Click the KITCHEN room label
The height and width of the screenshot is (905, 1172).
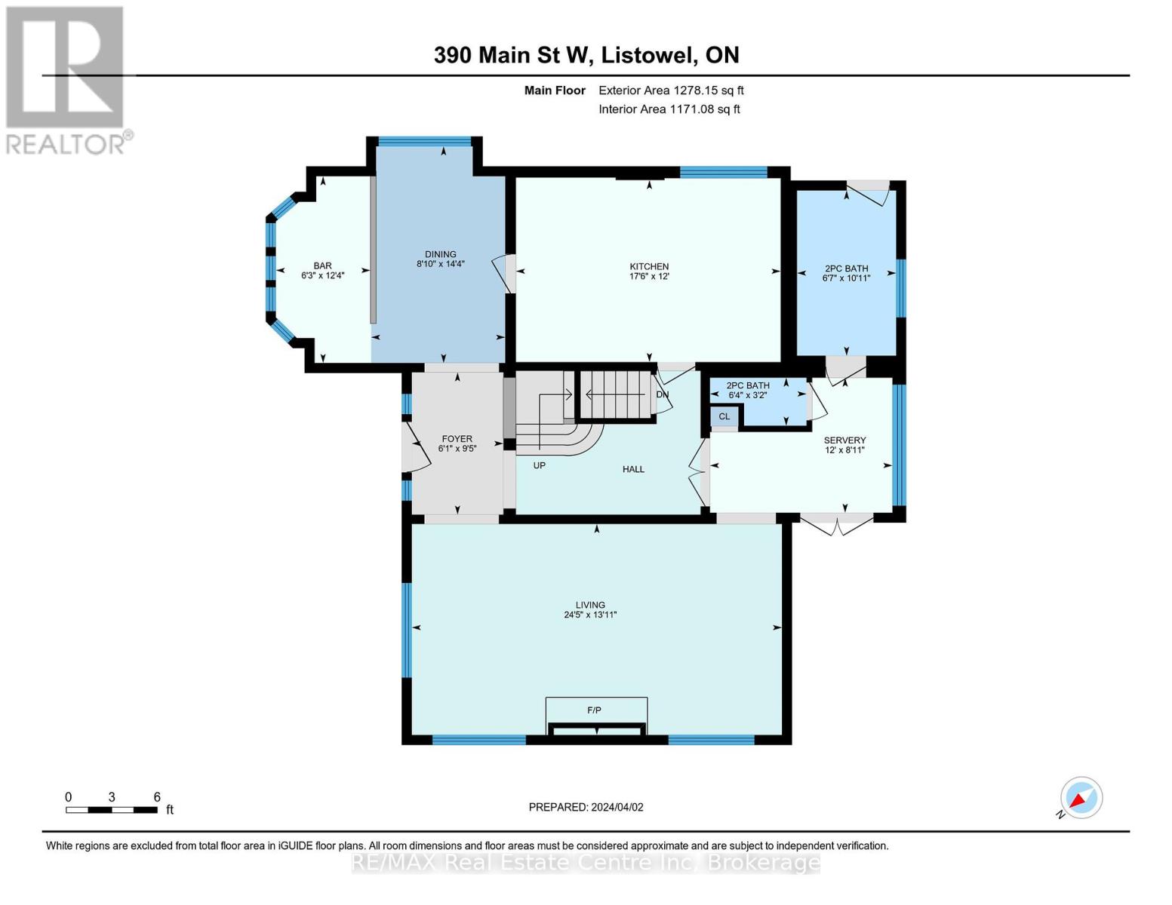649,266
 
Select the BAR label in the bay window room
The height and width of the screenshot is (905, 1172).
322,265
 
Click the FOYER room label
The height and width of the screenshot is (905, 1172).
457,439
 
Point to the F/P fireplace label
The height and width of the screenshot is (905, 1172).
595,710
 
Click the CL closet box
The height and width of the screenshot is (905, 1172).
724,417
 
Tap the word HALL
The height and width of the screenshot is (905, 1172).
633,469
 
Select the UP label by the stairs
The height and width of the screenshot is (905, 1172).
539,465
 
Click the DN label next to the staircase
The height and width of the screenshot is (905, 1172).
662,394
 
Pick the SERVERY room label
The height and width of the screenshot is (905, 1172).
844,440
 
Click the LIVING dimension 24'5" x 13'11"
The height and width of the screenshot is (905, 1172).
590,615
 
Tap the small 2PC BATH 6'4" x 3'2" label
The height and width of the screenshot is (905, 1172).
748,390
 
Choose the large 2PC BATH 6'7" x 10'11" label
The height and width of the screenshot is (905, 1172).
845,273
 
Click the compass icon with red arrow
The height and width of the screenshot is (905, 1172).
1081,798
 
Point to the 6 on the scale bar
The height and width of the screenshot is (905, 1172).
157,797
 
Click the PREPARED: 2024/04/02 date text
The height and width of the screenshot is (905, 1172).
586,807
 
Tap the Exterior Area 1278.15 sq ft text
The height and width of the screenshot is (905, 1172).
671,90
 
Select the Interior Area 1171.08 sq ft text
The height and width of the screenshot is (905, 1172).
669,109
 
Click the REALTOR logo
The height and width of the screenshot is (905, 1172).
66,80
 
